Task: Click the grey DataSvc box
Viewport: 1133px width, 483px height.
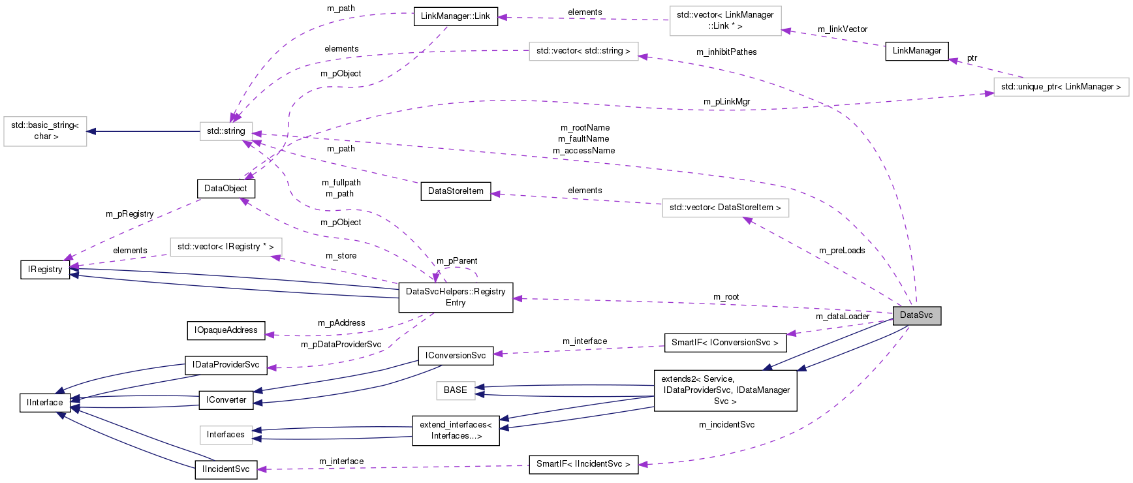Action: pyautogui.click(x=916, y=315)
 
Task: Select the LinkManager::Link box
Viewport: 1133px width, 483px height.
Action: pyautogui.click(x=455, y=16)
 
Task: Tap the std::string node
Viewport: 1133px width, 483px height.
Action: pyautogui.click(x=226, y=131)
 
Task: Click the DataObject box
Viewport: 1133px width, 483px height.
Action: pyautogui.click(x=225, y=189)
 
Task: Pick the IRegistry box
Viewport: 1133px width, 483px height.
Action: pyautogui.click(x=45, y=270)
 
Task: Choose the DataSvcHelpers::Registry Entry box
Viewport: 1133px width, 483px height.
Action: pyautogui.click(x=456, y=297)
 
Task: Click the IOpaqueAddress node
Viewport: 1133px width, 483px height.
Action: pyautogui.click(x=226, y=330)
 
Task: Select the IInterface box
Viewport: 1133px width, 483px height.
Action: pyautogui.click(x=45, y=403)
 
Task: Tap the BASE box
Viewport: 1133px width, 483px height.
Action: pyautogui.click(x=455, y=390)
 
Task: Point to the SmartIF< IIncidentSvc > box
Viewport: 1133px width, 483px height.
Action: pyautogui.click(x=583, y=464)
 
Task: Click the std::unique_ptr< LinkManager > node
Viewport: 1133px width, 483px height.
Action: pyautogui.click(x=1061, y=87)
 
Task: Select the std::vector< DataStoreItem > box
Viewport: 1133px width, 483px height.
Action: pyautogui.click(x=724, y=208)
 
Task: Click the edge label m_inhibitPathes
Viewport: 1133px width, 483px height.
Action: pyautogui.click(x=726, y=52)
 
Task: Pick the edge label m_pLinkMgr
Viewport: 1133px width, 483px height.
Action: pyautogui.click(x=726, y=102)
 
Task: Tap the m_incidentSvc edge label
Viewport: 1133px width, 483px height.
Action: pyautogui.click(x=726, y=425)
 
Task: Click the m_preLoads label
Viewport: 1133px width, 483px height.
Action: pyautogui.click(x=842, y=251)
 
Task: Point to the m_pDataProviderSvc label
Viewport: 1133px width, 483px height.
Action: pyautogui.click(x=341, y=345)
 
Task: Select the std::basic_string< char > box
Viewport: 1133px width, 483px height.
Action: pyautogui.click(x=45, y=131)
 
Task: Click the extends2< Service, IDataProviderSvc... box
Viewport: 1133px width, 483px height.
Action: pyautogui.click(x=725, y=390)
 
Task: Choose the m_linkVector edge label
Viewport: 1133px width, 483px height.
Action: pyautogui.click(x=842, y=29)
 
